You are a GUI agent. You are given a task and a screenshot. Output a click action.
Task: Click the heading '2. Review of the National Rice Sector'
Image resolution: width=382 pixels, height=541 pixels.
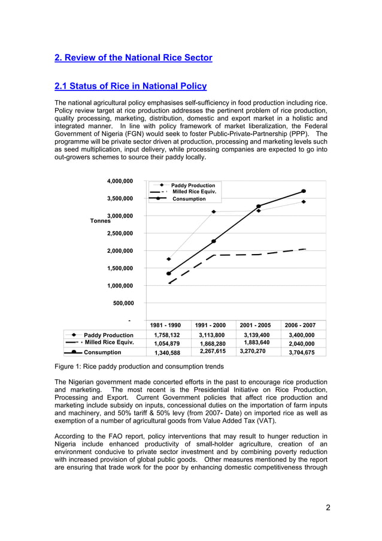point(133,58)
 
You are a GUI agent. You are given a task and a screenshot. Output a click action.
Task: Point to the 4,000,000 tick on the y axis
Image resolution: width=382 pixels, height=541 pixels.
point(120,180)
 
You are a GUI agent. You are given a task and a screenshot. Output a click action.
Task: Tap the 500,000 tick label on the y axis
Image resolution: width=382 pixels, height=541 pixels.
point(123,303)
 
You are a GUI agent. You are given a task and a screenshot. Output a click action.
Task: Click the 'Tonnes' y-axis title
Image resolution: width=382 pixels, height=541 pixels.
point(100,221)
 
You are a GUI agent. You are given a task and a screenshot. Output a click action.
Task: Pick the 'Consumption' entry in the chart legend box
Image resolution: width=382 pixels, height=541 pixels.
point(189,199)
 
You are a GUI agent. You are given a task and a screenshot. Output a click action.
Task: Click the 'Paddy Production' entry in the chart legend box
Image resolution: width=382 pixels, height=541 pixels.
point(193,186)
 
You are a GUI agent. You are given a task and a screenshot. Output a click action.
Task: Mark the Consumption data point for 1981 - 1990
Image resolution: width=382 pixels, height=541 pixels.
point(169,274)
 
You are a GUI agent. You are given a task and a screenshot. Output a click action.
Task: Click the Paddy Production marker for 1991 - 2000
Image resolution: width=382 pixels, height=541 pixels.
point(214,211)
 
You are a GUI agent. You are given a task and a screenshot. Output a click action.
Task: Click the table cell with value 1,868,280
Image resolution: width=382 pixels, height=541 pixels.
point(212,344)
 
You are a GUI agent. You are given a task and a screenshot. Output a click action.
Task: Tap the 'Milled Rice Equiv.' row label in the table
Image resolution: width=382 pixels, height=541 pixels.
point(108,343)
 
